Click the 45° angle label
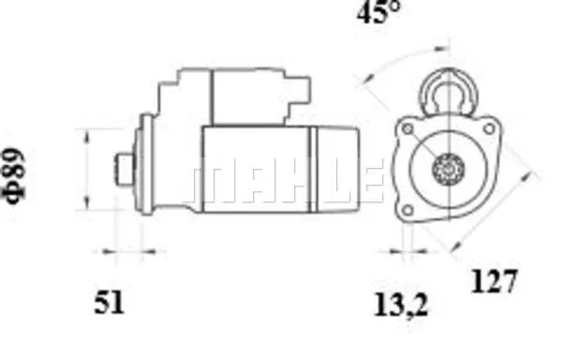pos(377,11)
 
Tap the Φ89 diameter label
pos(14,175)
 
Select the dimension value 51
pos(109,302)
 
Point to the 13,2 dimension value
pos(401,305)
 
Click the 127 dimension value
pos(494,281)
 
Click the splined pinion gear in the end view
pos(448,169)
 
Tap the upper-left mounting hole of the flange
pos(407,129)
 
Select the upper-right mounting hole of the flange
pos(489,129)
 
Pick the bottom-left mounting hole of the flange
pos(407,210)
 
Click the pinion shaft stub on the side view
pos(125,170)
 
